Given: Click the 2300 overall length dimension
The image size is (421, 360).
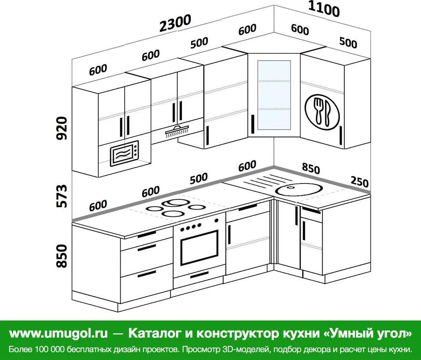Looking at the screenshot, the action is click(x=175, y=23).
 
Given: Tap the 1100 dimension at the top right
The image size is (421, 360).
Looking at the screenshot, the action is click(x=324, y=9).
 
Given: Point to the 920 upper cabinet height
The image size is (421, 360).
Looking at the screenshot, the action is click(x=62, y=128).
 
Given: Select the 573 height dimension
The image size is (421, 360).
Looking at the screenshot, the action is click(x=62, y=196).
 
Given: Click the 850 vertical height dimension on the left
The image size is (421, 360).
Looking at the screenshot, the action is click(x=62, y=256).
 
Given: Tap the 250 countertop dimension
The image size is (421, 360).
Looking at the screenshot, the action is click(x=360, y=182).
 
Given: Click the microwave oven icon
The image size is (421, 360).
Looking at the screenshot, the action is click(x=125, y=153).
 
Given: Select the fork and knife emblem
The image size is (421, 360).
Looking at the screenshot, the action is click(x=322, y=112).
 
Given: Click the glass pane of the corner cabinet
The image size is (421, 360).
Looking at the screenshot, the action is click(x=274, y=95).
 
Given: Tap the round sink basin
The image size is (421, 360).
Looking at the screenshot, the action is click(x=298, y=189).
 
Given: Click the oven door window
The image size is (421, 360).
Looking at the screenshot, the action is click(x=199, y=248).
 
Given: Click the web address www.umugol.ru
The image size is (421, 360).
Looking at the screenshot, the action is click(x=58, y=333).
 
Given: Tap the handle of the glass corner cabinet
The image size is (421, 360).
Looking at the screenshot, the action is click(x=253, y=124).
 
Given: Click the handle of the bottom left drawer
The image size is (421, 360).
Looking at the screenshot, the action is click(x=147, y=274).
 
